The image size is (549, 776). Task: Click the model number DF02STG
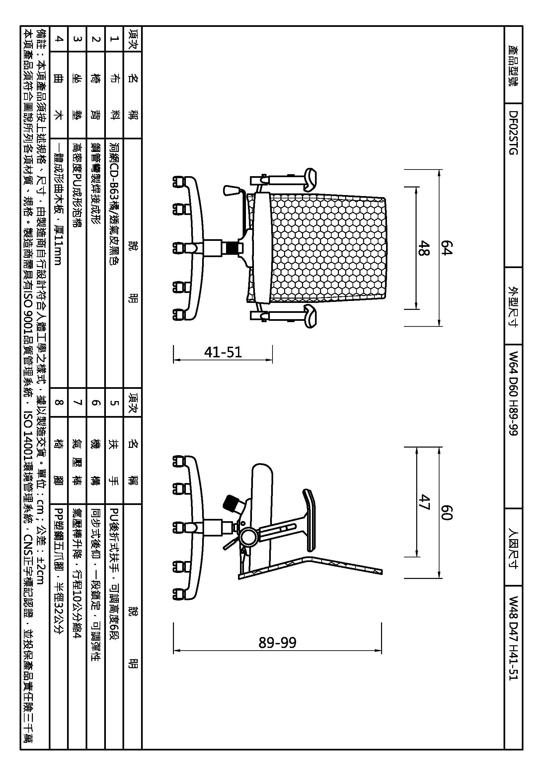tap(513, 132)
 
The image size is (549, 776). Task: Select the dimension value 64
tap(446, 248)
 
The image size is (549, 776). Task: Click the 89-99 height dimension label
tap(277, 643)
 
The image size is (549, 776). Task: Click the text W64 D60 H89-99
tap(513, 393)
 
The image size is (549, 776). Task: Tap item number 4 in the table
tap(59, 39)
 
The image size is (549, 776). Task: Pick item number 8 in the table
tap(59, 402)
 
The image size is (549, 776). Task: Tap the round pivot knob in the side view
tap(249, 536)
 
